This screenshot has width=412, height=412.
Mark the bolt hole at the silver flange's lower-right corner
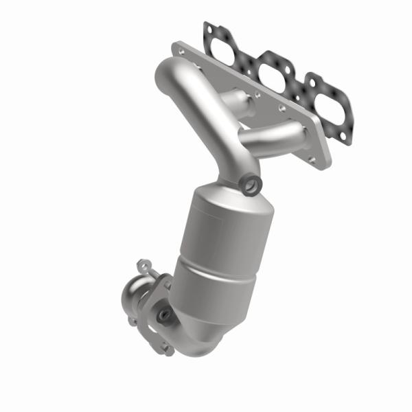[x=312, y=159]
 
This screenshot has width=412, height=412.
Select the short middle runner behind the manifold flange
[x=241, y=103]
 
